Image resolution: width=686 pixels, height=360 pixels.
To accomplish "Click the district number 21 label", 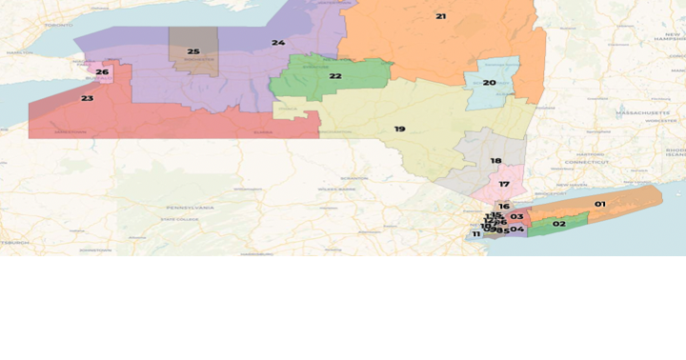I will (440, 16).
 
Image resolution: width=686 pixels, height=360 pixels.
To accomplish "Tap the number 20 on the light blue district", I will (489, 83).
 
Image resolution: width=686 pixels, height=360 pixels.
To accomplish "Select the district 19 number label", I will (399, 129).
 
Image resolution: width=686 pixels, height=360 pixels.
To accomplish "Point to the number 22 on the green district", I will (335, 76).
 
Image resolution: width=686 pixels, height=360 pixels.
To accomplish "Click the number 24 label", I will (277, 43).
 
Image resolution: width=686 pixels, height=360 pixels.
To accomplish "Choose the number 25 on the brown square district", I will (193, 51).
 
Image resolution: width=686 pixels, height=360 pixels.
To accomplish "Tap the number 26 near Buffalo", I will (102, 72).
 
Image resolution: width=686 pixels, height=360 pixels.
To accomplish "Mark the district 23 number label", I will (87, 98).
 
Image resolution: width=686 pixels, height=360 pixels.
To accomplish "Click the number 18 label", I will (495, 161).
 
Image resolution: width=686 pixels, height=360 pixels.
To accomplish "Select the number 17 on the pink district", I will (504, 184).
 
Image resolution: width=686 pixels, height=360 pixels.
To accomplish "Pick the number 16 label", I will (504, 206).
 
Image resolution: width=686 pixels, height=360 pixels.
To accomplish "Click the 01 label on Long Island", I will (600, 204).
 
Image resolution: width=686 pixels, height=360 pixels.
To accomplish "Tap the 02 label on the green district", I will (559, 224).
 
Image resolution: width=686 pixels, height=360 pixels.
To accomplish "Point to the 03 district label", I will (516, 217).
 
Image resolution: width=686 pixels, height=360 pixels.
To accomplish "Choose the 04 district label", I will (516, 230).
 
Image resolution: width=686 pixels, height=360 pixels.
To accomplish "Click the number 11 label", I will (476, 234).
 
